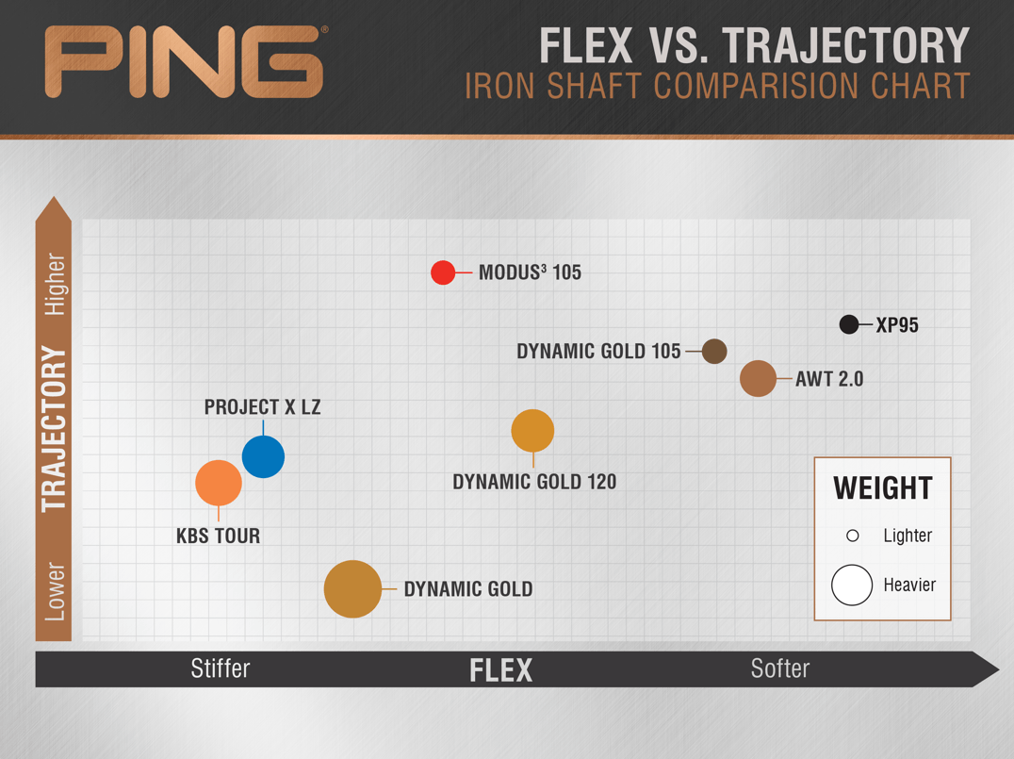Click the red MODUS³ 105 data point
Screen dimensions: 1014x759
443,272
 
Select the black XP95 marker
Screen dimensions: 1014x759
849,324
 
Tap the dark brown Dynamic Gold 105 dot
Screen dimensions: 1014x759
714,352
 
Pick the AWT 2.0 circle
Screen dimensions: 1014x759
758,378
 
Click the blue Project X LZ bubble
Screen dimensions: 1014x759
263,457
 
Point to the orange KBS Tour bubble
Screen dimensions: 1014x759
219,483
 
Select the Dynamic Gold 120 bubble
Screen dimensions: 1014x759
532,431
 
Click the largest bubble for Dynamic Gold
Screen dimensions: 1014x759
352,589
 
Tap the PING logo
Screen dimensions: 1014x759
185,62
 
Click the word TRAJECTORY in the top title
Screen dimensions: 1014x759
846,46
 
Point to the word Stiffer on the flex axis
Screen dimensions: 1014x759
220,668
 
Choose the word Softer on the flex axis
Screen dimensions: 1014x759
780,668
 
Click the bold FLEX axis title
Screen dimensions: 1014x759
501,670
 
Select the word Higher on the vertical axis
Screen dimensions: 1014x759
55,284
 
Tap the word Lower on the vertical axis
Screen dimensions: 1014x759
55,592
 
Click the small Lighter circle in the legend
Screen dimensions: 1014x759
852,536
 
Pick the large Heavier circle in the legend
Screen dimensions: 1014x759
852,585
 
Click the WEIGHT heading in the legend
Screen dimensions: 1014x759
883,488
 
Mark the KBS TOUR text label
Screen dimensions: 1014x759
219,536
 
